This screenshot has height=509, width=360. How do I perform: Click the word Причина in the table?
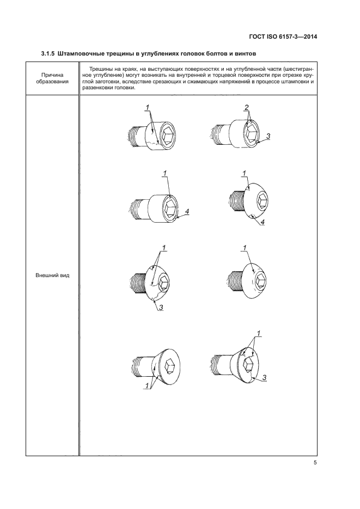click(52, 75)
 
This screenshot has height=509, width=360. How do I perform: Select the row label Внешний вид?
click(52, 274)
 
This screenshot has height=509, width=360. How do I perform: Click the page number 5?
click(315, 463)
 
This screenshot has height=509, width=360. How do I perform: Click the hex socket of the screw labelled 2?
click(252, 132)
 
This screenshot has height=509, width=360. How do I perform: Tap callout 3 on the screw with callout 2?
click(268, 136)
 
